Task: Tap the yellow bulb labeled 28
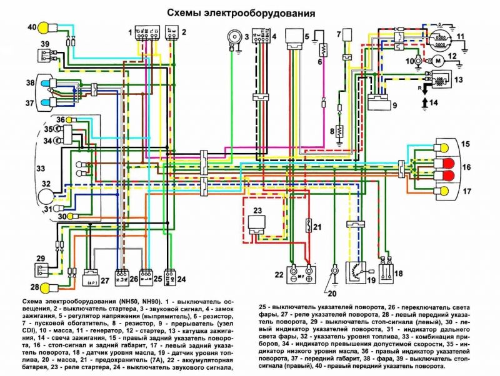click(44, 287)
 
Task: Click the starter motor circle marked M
click(437, 60)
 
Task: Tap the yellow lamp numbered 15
click(445, 149)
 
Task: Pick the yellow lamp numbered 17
click(445, 189)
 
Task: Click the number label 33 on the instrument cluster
click(23, 169)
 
